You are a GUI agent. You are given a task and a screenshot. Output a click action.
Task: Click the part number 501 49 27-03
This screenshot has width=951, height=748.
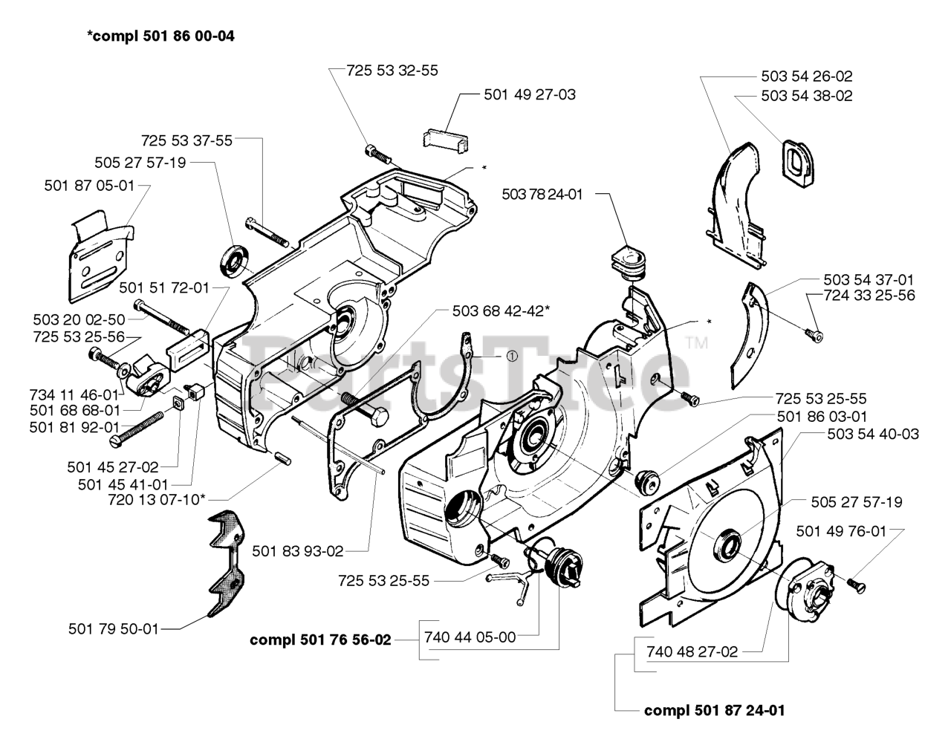(530, 94)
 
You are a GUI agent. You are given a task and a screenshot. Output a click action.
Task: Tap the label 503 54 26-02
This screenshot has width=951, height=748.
(807, 77)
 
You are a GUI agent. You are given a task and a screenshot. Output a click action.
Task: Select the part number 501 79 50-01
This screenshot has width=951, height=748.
(114, 628)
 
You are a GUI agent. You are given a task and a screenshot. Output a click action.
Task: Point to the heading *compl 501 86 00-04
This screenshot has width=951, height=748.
(161, 36)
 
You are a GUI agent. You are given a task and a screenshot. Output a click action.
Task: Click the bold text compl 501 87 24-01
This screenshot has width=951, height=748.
(715, 710)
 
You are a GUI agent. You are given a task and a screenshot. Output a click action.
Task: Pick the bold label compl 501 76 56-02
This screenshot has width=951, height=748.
(320, 640)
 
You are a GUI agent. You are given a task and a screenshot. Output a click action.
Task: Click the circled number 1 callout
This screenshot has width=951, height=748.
(511, 356)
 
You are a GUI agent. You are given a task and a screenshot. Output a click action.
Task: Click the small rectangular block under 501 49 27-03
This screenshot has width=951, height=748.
(446, 141)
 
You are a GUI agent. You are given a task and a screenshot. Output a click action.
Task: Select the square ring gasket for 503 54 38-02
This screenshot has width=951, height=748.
(798, 163)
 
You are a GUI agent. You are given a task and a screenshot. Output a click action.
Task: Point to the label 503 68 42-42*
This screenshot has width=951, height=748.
(501, 311)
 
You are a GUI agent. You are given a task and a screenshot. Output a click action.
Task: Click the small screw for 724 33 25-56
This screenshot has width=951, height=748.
(814, 336)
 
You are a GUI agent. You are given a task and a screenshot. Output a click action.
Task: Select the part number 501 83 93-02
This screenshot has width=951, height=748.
(298, 551)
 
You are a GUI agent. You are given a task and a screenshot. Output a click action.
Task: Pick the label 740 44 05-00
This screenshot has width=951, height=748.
(470, 637)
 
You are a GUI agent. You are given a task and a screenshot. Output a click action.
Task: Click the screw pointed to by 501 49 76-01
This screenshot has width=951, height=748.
(856, 585)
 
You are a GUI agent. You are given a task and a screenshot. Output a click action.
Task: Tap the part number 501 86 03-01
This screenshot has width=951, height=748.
(822, 417)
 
